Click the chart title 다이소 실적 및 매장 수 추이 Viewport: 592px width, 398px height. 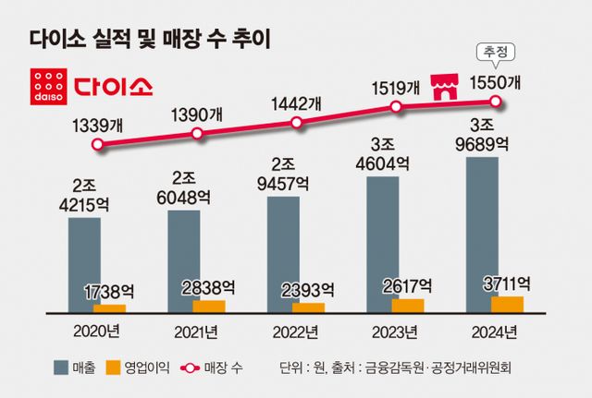point(148,39)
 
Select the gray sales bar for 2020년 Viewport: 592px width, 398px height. point(85,263)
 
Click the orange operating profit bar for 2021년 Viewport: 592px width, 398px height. point(208,306)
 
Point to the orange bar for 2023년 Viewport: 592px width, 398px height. point(408,305)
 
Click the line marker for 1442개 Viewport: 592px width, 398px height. point(297,122)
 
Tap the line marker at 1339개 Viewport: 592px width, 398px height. point(97,143)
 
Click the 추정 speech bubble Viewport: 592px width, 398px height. point(497,52)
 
